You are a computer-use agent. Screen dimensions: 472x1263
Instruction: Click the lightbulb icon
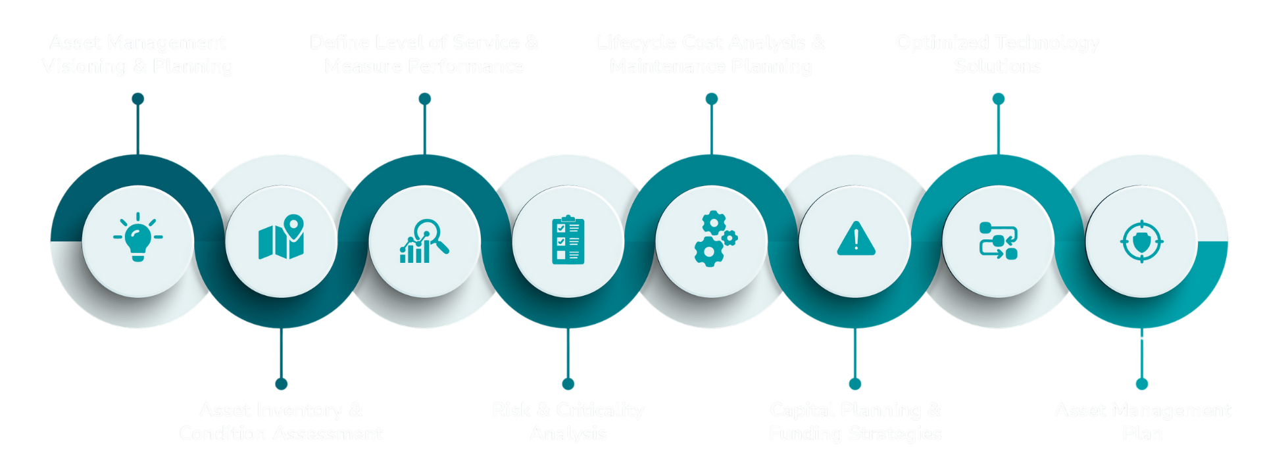[137, 237]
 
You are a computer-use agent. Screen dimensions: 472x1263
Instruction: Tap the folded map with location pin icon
[282, 238]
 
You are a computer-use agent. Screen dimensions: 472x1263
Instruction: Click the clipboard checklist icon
[568, 241]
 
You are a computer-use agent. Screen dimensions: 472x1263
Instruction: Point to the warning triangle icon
[856, 239]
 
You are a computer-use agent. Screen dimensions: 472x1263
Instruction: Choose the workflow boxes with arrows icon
[998, 241]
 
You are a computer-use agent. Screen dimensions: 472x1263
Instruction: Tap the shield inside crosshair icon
[1141, 241]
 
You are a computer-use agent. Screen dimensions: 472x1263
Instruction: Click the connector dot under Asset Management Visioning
[137, 99]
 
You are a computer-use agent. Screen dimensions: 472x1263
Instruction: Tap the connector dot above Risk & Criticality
[568, 384]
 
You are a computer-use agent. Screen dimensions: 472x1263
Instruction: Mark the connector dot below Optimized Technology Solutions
[998, 99]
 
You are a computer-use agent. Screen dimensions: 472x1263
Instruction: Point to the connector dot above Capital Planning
[854, 384]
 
